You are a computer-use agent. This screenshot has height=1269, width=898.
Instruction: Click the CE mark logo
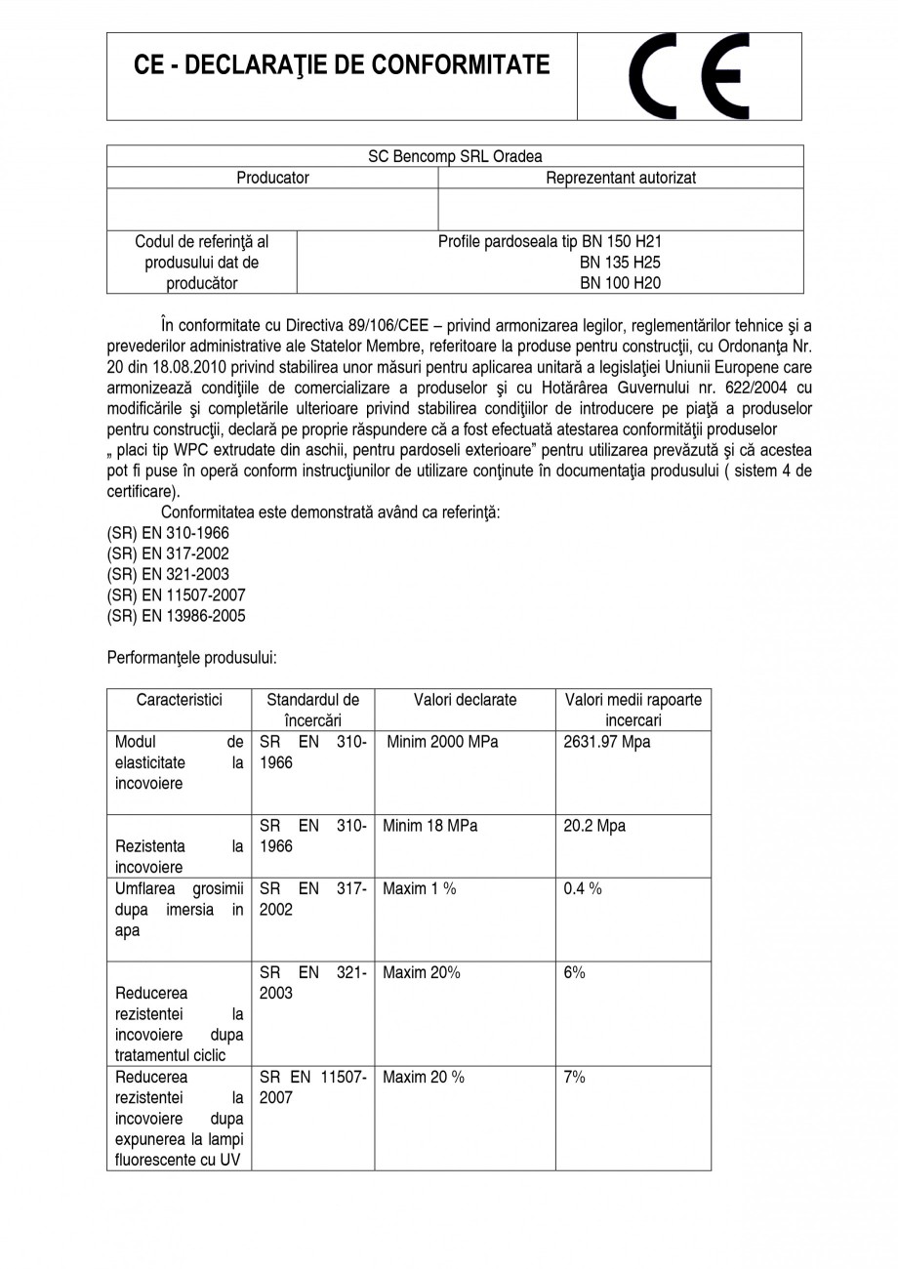[x=688, y=77]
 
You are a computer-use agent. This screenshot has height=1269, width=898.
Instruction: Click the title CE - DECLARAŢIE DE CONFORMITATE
[x=342, y=65]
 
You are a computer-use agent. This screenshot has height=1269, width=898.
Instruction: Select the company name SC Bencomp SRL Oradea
[x=455, y=156]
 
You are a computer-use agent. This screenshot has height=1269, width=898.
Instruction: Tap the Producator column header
[x=272, y=178]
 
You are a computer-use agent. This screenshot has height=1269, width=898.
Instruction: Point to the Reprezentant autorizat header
[x=621, y=178]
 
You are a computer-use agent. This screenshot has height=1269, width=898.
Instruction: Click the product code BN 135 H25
[x=621, y=263]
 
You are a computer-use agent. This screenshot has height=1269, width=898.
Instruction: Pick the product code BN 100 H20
[x=621, y=284]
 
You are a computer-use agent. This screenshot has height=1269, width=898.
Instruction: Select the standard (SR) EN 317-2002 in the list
[x=168, y=553]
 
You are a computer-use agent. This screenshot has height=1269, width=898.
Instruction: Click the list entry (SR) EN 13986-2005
[x=176, y=616]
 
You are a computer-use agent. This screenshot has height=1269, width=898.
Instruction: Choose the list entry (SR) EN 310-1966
[x=168, y=533]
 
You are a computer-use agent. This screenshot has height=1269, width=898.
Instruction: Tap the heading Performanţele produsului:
[x=194, y=659]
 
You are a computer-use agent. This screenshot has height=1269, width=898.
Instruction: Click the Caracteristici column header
[x=180, y=700]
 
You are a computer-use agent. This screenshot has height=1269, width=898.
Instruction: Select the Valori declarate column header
[x=465, y=700]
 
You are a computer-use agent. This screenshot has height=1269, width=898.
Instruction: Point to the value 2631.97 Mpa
[x=607, y=742]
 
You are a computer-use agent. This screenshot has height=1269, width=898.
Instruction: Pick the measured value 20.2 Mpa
[x=594, y=826]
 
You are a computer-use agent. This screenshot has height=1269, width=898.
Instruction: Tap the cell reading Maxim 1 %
[x=420, y=888]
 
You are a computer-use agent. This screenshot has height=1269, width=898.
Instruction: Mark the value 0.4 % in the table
[x=583, y=888]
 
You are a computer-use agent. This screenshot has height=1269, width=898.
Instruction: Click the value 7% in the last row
[x=575, y=1077]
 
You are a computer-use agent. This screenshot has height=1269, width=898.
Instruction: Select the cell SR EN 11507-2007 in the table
[x=313, y=1087]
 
